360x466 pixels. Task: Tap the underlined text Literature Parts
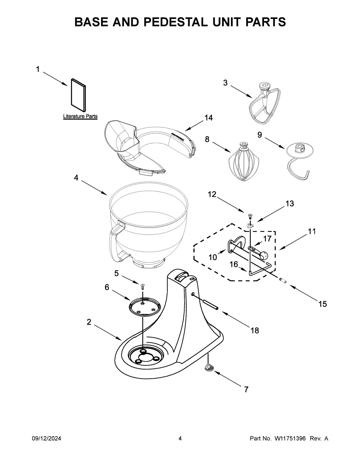coord(80,116)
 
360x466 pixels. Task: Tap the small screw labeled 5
coord(143,286)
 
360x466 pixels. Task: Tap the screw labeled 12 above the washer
coord(250,215)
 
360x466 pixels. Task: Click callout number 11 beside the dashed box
coord(312,231)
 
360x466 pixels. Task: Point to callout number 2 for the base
coord(89,322)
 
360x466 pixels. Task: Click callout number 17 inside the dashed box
coord(267,239)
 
